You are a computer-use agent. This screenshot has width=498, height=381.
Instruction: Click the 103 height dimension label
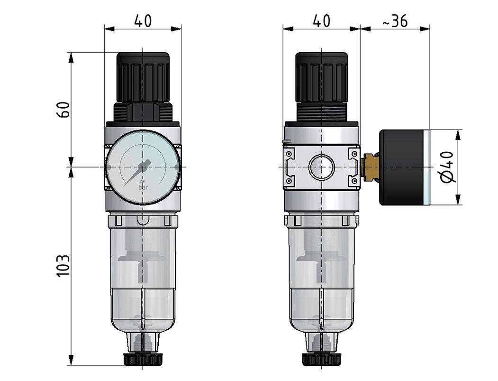63,266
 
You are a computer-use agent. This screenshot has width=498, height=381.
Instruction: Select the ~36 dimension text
393,21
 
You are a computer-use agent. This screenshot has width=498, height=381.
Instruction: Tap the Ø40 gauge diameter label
447,167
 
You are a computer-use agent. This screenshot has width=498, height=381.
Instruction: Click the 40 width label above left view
143,21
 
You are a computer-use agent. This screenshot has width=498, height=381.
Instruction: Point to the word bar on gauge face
143,187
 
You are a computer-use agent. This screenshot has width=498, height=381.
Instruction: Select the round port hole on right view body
322,167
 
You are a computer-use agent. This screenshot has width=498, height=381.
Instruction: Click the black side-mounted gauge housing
402,167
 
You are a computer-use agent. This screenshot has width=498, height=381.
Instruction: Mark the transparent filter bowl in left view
143,275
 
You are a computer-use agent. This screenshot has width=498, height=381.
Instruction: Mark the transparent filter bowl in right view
322,275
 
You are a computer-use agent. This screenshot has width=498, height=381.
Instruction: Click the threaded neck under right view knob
322,114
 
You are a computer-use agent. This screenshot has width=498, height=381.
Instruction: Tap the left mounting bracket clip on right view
290,167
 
